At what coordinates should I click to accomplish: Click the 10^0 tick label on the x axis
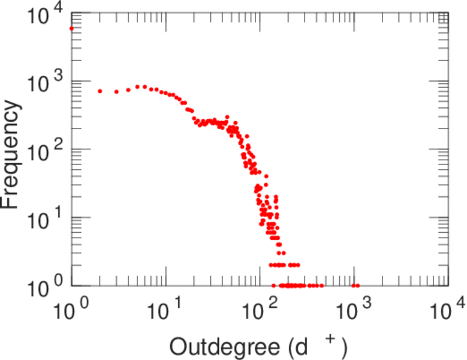[x=73, y=313]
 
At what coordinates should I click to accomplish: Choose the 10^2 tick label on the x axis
[x=260, y=313]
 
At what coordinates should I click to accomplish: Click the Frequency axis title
[x=11, y=155]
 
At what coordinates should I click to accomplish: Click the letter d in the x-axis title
[x=300, y=346]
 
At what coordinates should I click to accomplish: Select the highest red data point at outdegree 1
[x=72, y=28]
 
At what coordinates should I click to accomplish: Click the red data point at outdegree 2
[x=100, y=91]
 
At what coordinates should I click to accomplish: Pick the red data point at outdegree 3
[x=116, y=92]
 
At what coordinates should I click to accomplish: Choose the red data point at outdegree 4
[x=128, y=89]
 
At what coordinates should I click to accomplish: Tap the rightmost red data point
[x=357, y=286]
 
